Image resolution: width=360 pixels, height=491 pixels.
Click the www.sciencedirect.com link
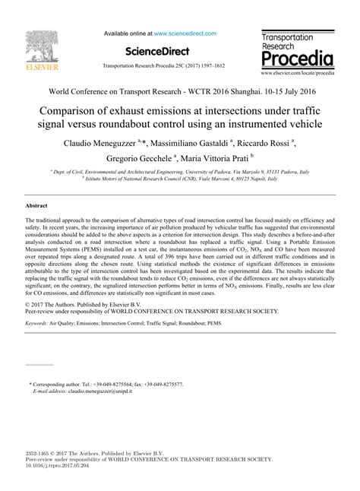(x=185, y=34)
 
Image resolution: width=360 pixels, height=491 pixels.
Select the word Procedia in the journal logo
(x=296, y=59)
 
